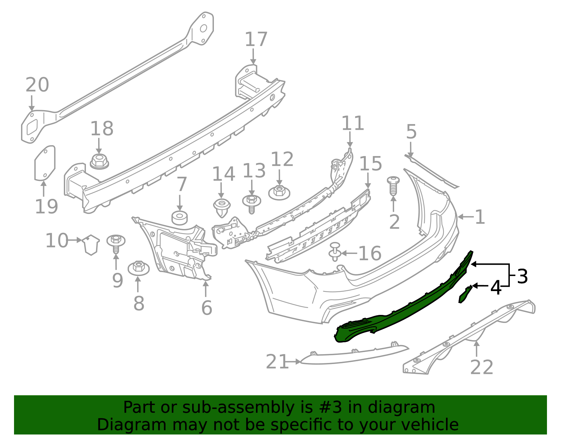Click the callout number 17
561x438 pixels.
point(256,39)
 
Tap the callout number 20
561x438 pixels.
point(37,85)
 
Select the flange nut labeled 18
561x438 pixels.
point(100,162)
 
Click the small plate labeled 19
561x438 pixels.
point(45,163)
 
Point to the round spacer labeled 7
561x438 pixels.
point(180,218)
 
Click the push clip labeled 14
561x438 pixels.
point(222,207)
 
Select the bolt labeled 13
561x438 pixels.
point(251,203)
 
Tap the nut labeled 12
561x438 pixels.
point(279,193)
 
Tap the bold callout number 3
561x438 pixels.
point(522,277)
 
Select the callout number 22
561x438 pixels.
point(481,368)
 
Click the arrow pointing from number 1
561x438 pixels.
point(465,217)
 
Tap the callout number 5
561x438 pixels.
point(411,132)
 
